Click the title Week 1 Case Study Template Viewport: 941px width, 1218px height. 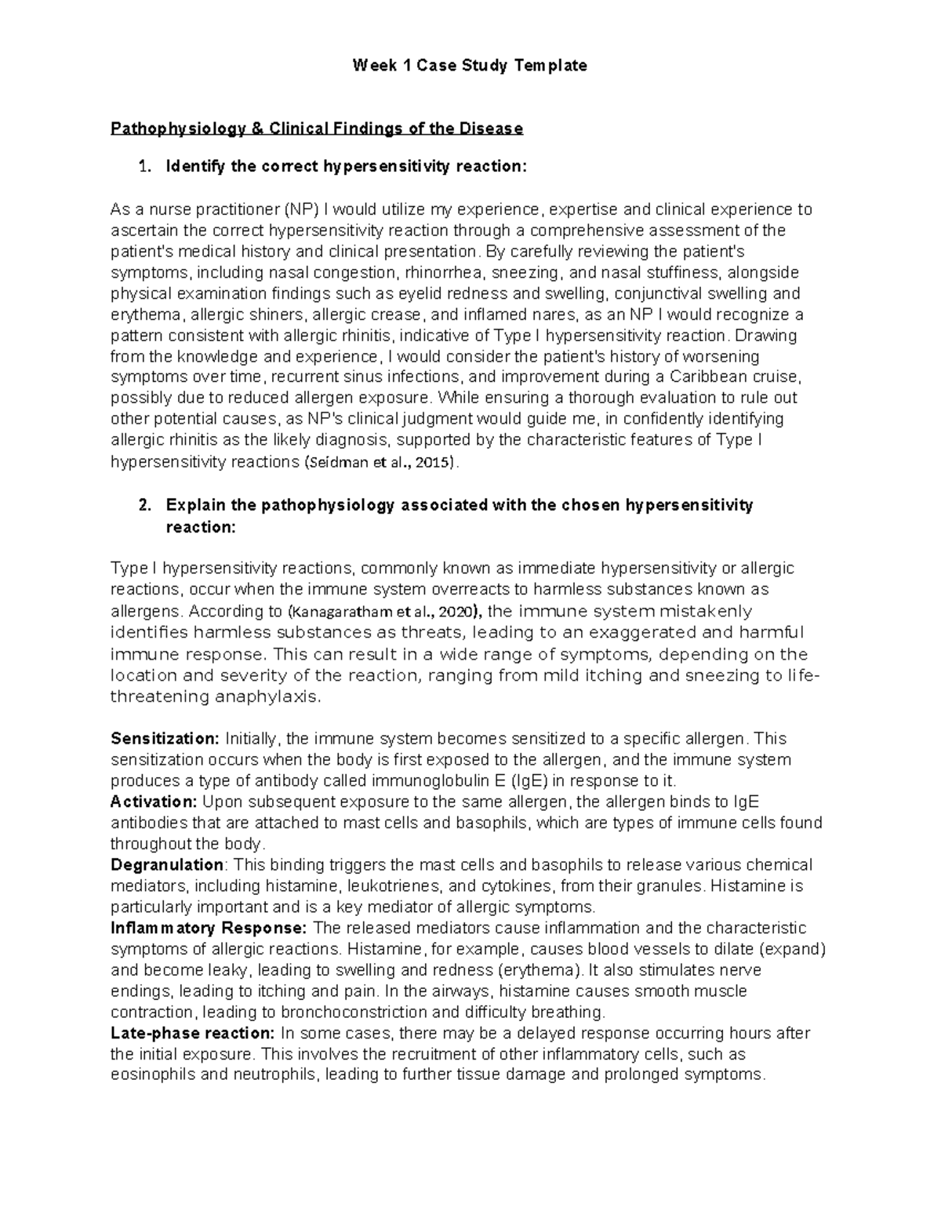click(470, 65)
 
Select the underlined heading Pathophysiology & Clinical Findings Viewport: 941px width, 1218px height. click(316, 128)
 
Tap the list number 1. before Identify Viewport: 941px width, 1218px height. click(143, 166)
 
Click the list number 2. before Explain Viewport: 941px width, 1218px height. click(143, 505)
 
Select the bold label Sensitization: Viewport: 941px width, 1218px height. click(165, 739)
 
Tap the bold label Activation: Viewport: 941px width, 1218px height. click(154, 802)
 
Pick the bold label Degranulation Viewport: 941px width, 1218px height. click(167, 865)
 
